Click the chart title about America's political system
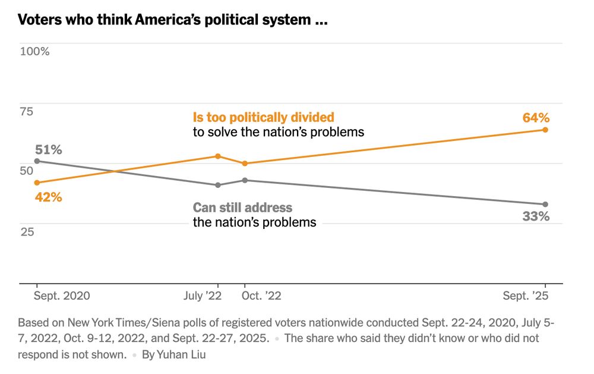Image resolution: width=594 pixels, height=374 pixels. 173,20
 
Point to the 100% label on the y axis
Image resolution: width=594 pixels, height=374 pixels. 35,51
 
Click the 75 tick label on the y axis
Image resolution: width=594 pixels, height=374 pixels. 27,111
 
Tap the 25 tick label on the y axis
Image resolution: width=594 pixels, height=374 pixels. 27,232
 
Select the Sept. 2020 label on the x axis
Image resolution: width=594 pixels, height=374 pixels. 62,296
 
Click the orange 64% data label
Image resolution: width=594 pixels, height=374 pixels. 536,118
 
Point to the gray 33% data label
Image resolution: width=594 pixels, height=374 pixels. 536,216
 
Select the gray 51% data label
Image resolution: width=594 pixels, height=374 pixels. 49,149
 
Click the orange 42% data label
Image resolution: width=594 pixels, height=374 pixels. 48,197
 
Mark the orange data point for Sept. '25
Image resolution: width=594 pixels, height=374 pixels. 545,130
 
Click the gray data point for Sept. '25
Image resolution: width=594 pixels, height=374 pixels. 545,205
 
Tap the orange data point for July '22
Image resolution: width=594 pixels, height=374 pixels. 218,156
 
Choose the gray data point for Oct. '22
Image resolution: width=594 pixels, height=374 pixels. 245,180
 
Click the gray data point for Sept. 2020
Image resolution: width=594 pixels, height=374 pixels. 37,161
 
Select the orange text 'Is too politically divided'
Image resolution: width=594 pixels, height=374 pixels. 264,117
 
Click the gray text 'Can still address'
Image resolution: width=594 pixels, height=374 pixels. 242,208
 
